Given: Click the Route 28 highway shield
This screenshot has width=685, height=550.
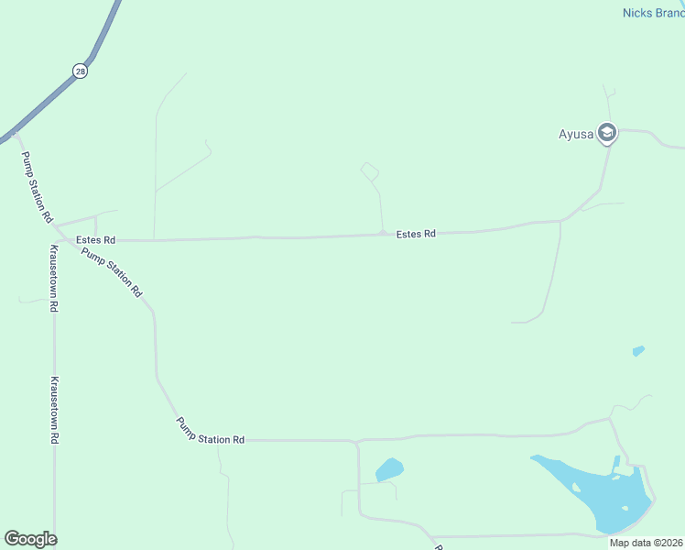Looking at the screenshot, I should point(81,71).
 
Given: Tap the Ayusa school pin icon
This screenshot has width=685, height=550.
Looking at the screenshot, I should point(606,134).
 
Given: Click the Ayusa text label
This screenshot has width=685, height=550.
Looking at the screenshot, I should point(577,134).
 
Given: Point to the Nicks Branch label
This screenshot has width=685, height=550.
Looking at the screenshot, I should point(653,13).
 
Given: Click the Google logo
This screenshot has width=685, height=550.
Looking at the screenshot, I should point(30,539).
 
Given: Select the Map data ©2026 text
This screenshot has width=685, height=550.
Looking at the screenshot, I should point(646,543).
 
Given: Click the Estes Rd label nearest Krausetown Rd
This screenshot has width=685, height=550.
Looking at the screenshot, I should point(95,240).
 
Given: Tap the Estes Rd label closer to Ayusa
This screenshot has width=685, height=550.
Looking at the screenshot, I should point(415,235).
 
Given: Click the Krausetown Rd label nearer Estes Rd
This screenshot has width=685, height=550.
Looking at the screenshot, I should point(54,280).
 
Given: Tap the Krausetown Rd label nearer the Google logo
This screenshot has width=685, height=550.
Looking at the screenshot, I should point(54,410).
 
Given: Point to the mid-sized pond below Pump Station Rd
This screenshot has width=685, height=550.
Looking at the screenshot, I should point(389,470).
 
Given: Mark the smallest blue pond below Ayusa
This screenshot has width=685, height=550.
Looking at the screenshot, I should point(638,350).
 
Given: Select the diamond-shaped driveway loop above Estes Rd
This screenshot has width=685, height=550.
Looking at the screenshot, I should point(369,171).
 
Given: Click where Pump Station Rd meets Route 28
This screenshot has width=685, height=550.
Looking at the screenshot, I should point(16,135).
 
